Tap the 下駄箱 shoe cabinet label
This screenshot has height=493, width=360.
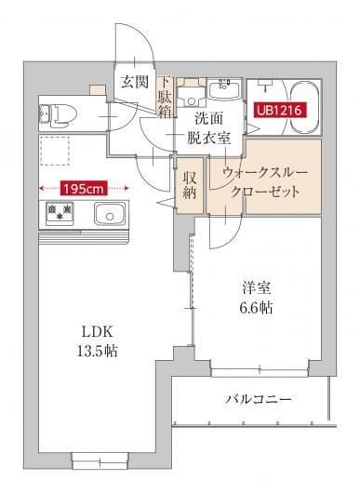click(x=165, y=99)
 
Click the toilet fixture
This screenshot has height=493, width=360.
click(x=58, y=113)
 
